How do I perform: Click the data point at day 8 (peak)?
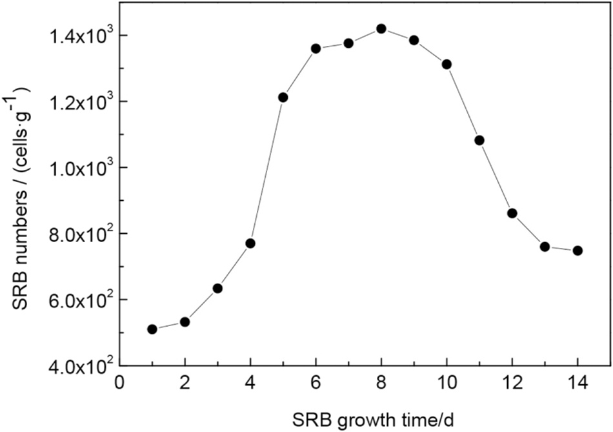pyautogui.click(x=381, y=28)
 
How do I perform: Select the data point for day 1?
pyautogui.click(x=152, y=329)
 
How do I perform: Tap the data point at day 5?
pyautogui.click(x=283, y=98)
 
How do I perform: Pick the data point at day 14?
pyautogui.click(x=578, y=251)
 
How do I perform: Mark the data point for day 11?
pyautogui.click(x=479, y=140)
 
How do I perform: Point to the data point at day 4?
pyautogui.click(x=250, y=243)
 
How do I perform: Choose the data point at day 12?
pyautogui.click(x=512, y=213)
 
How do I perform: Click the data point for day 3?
pyautogui.click(x=217, y=288)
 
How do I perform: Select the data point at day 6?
pyautogui.click(x=316, y=48)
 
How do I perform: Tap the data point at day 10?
pyautogui.click(x=447, y=64)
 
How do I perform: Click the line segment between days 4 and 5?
pyautogui.click(x=266, y=170)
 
